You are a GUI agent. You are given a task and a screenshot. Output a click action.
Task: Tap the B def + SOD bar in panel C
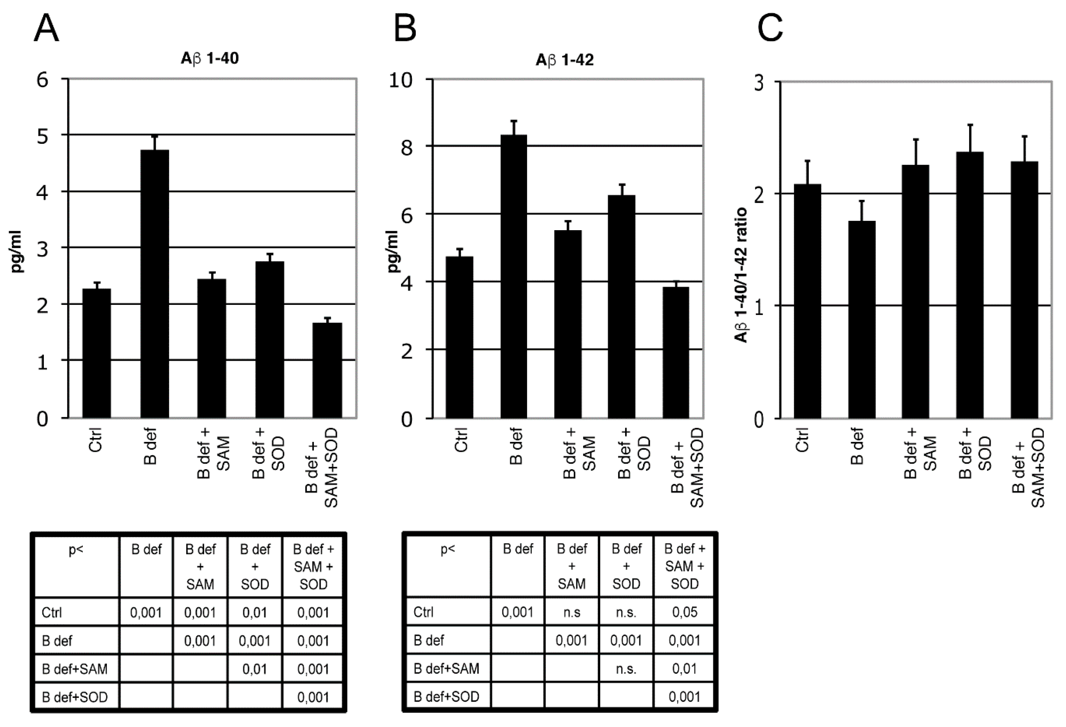[970, 285]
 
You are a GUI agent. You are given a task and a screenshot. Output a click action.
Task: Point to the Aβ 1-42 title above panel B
[565, 60]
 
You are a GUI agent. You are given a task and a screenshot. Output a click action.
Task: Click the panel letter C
[770, 29]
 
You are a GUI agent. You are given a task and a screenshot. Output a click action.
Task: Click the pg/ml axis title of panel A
[17, 252]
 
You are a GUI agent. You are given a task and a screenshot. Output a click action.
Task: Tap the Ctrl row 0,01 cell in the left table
[255, 612]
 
